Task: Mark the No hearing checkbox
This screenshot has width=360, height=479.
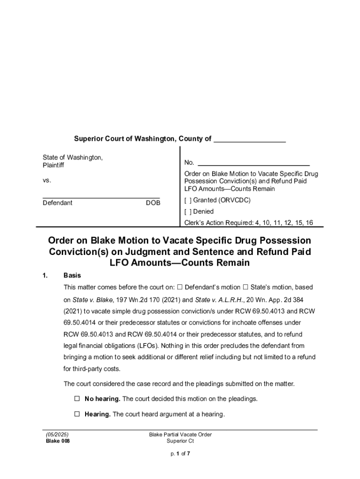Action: [x=77, y=399]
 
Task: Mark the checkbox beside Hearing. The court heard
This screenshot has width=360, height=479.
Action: [x=77, y=414]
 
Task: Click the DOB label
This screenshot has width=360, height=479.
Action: [x=153, y=203]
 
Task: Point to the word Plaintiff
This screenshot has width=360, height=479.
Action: [x=53, y=166]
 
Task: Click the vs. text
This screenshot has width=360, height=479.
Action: [x=47, y=181]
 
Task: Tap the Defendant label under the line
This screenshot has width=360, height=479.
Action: [x=58, y=203]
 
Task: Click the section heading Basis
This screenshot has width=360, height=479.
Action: [x=72, y=276]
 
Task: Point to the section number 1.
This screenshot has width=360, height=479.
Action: [x=45, y=276]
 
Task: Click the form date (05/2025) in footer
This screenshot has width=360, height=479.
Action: [x=57, y=435]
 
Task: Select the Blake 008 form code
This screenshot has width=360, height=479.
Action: [x=58, y=441]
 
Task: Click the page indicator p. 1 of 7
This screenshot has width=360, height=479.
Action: [x=180, y=453]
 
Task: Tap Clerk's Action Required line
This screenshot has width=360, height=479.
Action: [x=248, y=223]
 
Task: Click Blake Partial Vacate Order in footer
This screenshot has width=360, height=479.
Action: [x=180, y=435]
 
